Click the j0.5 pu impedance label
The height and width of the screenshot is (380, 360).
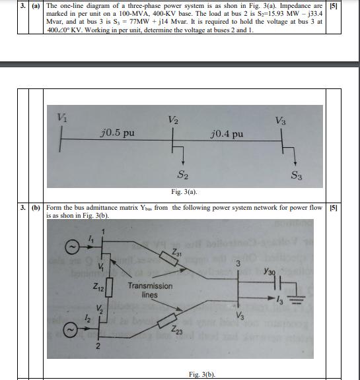point(119,132)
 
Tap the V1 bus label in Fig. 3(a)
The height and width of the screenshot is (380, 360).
point(62,117)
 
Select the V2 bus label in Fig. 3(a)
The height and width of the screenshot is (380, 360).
point(173,119)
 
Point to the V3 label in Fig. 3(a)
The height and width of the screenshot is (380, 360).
point(281,120)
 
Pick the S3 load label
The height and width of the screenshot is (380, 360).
point(298,175)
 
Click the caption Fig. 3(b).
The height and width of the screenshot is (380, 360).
point(203,374)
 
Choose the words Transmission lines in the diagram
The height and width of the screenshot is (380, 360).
point(149,290)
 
